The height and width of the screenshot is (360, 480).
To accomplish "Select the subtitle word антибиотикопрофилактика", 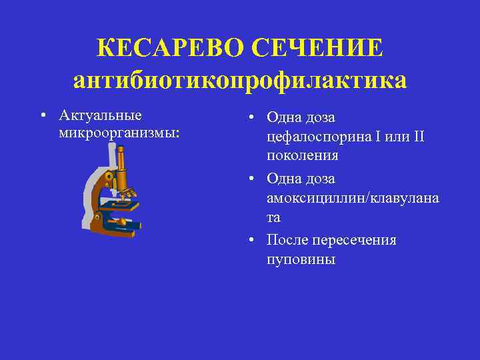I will point(239,81).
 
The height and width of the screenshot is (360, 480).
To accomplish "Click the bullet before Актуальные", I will point(42,117).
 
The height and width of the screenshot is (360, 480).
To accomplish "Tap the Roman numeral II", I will point(418,137).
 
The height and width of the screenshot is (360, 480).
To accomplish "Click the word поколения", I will point(301,156).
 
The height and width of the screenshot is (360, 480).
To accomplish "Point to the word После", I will point(289,239).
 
